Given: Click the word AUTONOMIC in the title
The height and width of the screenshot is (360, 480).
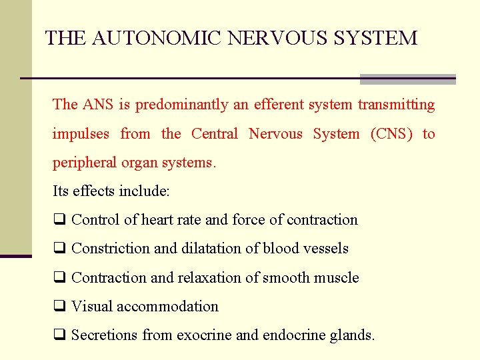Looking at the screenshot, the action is [x=157, y=38].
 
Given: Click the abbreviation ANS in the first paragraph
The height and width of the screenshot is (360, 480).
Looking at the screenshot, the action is [x=99, y=105].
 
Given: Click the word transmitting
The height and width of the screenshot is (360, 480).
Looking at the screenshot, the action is [x=396, y=105].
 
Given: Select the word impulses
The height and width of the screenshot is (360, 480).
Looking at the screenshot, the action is [x=81, y=134].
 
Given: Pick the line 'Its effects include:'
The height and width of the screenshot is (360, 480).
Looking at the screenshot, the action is [x=111, y=192].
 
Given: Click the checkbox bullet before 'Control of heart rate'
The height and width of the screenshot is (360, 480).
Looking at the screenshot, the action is [x=59, y=220].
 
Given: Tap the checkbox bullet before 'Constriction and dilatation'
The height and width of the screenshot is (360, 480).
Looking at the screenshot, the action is [x=59, y=249].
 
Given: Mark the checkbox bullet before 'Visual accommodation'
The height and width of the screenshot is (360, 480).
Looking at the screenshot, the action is [x=59, y=307].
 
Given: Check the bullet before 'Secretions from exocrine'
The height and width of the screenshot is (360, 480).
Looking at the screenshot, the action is [x=59, y=335].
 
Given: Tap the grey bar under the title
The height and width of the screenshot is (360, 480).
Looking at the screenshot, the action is [x=407, y=79].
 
